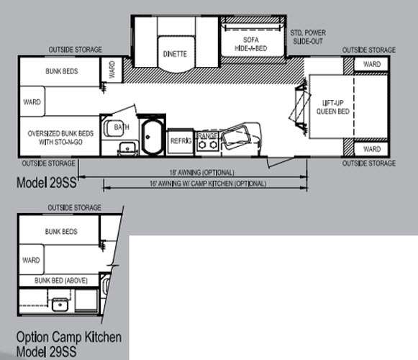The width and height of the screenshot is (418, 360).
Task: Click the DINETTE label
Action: (x=175, y=54)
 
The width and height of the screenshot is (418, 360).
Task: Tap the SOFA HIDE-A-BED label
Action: (x=251, y=44)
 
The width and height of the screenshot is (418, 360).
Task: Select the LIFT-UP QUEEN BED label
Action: (x=333, y=107)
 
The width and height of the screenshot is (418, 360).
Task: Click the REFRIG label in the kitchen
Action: (x=181, y=140)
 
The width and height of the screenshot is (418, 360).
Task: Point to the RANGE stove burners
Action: (x=208, y=145)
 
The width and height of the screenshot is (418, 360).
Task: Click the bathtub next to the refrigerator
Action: (x=153, y=137)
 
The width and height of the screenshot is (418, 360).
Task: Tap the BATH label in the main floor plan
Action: (x=122, y=127)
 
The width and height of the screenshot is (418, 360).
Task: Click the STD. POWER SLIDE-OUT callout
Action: (x=308, y=37)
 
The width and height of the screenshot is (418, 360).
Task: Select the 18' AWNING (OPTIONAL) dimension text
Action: (x=201, y=172)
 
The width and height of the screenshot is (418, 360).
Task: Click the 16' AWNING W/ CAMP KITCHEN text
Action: (x=208, y=184)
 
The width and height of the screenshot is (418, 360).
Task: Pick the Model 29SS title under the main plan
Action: (x=47, y=183)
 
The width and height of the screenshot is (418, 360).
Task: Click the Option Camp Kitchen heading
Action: (x=69, y=337)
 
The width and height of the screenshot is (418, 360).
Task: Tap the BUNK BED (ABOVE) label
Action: (x=61, y=281)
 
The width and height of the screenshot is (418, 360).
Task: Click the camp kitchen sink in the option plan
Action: (x=60, y=305)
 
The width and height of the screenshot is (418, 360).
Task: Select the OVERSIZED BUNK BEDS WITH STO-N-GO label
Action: (x=60, y=138)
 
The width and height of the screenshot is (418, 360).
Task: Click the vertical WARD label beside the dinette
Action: (x=112, y=70)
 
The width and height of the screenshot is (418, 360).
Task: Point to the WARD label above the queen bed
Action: (x=372, y=64)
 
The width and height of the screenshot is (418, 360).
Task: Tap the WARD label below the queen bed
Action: (x=372, y=149)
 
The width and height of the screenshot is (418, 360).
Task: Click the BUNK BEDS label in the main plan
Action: (x=62, y=71)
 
